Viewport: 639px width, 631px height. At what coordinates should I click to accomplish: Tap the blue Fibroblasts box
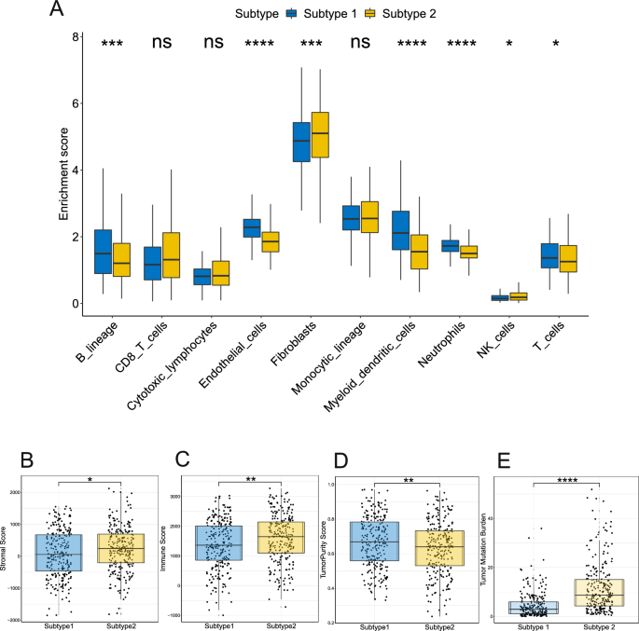[301, 142]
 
